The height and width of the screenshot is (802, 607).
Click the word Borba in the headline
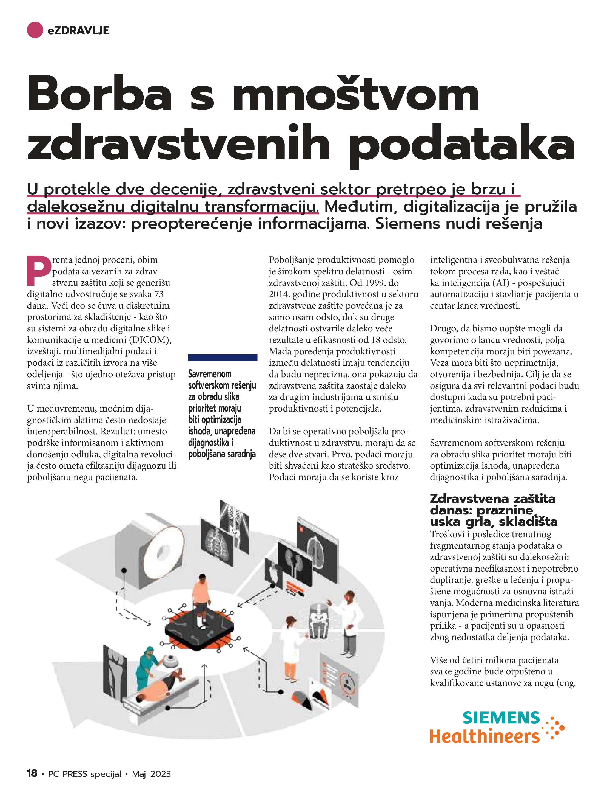tap(99, 93)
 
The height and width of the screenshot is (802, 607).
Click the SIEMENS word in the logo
tap(501, 718)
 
